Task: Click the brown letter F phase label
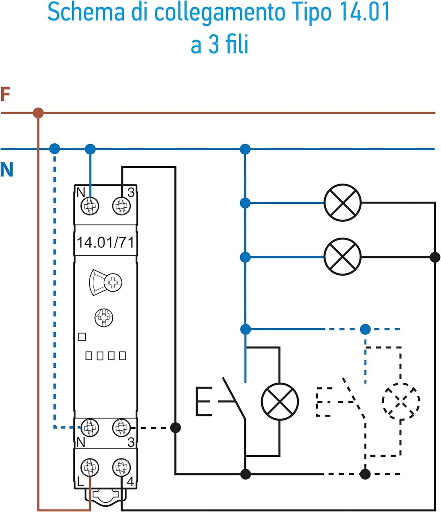click(5, 94)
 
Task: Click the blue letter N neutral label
click(7, 169)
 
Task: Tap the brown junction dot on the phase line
click(38, 113)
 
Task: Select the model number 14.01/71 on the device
click(105, 243)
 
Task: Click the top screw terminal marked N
click(90, 206)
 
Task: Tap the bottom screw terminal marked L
click(90, 467)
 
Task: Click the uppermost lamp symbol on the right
click(343, 203)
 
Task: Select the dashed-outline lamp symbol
click(401, 401)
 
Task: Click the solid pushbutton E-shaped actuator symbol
click(204, 401)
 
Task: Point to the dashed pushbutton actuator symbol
click(323, 402)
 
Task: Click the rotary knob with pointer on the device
click(105, 282)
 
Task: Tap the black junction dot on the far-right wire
click(435, 257)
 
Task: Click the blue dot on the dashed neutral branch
click(365, 329)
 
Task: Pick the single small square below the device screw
click(82, 337)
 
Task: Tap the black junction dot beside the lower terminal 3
click(176, 427)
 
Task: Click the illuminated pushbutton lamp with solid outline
click(280, 401)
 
